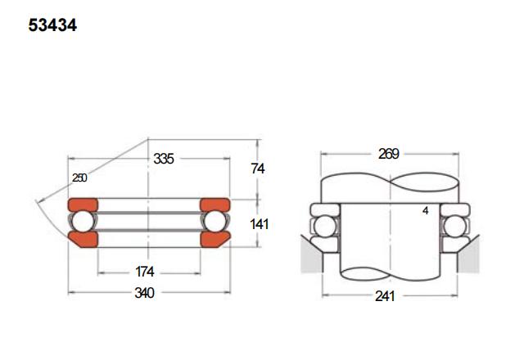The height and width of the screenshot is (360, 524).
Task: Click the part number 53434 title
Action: coord(52,25)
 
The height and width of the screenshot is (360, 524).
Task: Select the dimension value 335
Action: coord(164,159)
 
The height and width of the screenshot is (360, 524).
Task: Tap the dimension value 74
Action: coord(258,169)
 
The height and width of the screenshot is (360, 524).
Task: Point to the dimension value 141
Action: coord(259,224)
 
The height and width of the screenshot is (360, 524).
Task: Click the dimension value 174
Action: coord(145,272)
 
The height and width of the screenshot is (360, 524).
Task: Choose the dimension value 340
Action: coord(144,293)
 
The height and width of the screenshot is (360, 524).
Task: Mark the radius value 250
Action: coord(79,178)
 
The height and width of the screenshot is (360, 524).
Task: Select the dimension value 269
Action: coord(389,154)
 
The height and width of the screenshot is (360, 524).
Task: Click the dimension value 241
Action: coord(385,296)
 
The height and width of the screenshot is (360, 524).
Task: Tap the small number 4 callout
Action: coord(426,211)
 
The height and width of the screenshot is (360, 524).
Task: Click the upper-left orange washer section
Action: coord(83,205)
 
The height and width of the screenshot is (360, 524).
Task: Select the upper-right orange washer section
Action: coord(215,205)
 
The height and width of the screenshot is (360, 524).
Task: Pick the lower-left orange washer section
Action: coord(84,240)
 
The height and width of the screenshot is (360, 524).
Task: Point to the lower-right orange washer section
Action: coord(215,240)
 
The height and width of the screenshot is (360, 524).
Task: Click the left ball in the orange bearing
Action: coord(83,222)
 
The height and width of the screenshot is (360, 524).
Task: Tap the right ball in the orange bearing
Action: coord(215,222)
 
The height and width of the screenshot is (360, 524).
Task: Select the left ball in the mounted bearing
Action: coord(325,227)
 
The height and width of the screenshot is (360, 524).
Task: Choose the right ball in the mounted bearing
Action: coord(455,227)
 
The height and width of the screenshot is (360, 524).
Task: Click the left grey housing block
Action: coord(311,255)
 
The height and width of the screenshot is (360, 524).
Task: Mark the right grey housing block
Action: coord(468,255)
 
